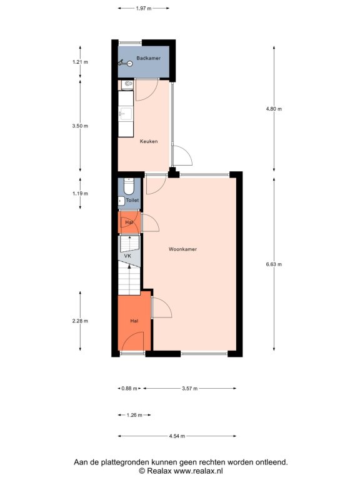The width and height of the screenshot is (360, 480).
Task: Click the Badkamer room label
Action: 149,58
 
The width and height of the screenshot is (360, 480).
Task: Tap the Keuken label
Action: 149,141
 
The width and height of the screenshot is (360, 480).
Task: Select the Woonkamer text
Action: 182,249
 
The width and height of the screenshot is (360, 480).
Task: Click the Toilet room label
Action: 132,200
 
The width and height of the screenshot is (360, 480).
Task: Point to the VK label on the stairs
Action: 127,256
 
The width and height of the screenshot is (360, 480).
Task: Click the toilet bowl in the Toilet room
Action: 129,186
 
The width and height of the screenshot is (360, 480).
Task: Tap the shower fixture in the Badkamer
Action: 125,63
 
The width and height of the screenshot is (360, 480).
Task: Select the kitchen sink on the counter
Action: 126,114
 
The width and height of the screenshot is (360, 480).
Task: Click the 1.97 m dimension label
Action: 144,9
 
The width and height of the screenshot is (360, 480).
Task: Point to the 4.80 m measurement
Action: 274,109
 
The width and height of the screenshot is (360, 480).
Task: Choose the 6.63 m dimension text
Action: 274,264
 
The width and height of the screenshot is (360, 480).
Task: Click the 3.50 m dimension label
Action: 80,126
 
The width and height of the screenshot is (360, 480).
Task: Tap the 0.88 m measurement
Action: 129,389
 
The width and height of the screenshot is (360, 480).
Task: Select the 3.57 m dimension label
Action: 190,389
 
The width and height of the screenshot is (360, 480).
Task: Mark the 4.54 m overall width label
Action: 177,436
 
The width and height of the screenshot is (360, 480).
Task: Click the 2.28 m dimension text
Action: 80,321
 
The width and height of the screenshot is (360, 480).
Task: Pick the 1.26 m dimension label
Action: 134,415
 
